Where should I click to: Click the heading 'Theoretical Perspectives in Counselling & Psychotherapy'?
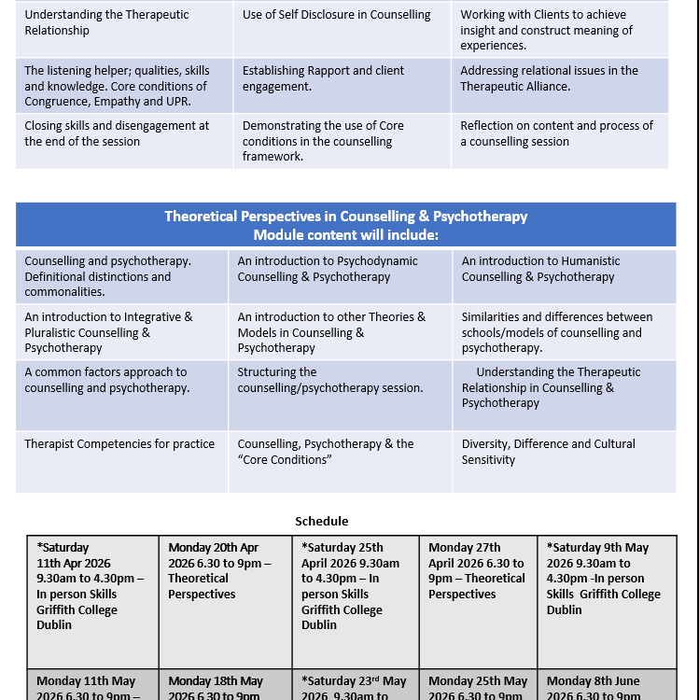pos(345,217)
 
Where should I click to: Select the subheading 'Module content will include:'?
pos(345,234)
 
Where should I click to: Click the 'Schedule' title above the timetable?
pos(321,522)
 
